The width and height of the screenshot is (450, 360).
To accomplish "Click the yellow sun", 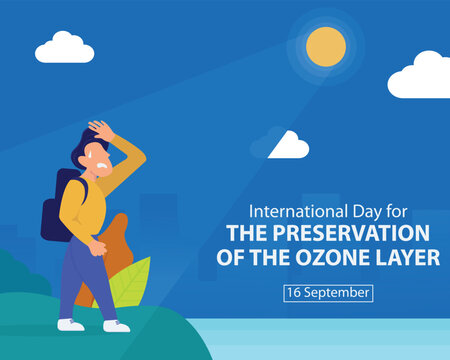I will point(326,46).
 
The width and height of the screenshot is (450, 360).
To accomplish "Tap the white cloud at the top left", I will point(64,49).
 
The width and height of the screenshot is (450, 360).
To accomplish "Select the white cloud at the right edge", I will point(422,78).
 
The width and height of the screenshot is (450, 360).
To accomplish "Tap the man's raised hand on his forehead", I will point(100,130).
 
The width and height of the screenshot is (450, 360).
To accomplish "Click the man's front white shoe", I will point(116,325).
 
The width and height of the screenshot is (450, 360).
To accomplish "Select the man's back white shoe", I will point(70,324).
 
